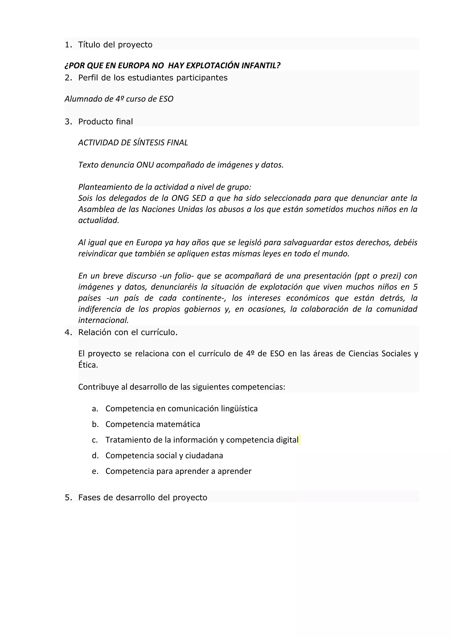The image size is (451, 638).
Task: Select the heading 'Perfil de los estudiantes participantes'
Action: coord(153,78)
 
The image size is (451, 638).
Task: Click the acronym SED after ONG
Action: coord(199,198)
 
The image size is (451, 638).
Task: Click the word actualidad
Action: coord(98,220)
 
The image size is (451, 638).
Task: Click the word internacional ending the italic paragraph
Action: coord(103,320)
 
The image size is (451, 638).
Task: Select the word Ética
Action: coord(88,365)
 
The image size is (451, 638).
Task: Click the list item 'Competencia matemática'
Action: coord(153,424)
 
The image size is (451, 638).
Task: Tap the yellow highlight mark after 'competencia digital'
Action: coord(300,440)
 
